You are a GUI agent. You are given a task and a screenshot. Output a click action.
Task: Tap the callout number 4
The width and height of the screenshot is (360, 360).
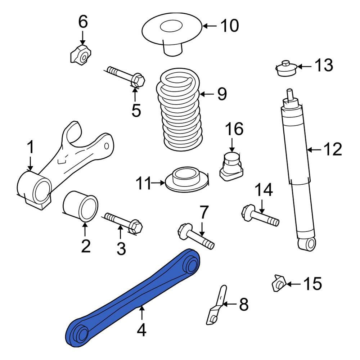pyautogui.click(x=142, y=330)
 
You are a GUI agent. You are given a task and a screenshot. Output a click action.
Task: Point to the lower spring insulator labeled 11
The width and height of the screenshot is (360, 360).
pyautogui.click(x=186, y=180)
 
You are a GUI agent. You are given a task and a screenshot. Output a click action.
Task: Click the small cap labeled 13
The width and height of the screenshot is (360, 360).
pyautogui.click(x=286, y=68)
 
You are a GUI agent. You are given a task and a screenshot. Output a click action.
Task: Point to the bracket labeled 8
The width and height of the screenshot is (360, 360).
pyautogui.click(x=217, y=304)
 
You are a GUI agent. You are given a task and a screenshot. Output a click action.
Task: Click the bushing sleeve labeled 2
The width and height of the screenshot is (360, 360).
pyautogui.click(x=81, y=207)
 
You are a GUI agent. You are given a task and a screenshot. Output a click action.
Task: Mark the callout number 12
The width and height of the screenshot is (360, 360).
pyautogui.click(x=332, y=149)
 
